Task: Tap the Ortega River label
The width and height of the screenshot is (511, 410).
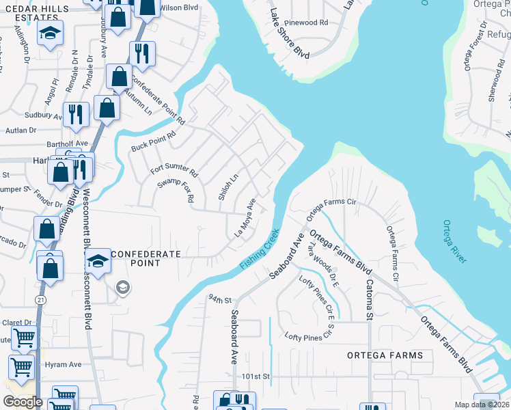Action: tap(454, 241)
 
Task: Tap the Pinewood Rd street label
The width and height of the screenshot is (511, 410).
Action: tap(309, 23)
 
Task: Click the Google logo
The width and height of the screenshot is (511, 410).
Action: tap(23, 402)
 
